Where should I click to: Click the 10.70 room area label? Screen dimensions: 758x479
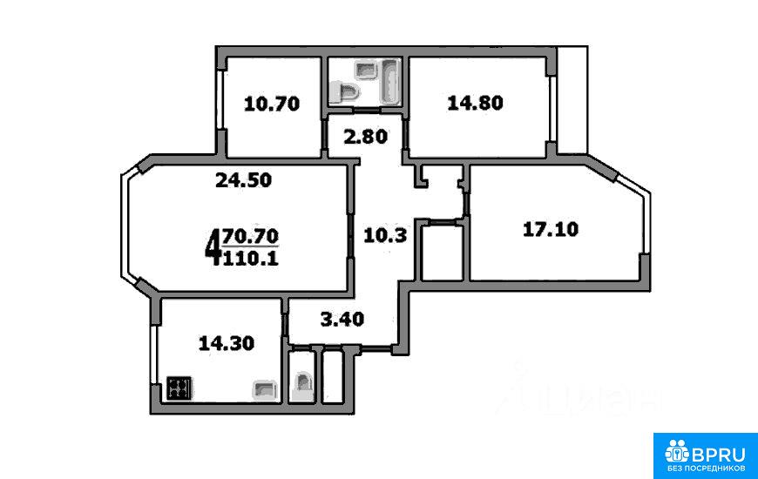[x=272, y=104]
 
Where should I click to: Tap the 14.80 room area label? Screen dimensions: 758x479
[x=475, y=103]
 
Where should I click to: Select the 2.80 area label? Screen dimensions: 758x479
[x=365, y=137]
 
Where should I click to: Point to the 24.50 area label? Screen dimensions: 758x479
[x=244, y=180]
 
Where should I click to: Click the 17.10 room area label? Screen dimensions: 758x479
[x=551, y=229]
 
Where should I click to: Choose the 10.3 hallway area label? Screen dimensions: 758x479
[x=385, y=236]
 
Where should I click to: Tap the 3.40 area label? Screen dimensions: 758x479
[x=342, y=319]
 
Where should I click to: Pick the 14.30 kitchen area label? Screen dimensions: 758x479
[x=227, y=344]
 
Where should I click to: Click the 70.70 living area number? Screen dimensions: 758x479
[x=250, y=236]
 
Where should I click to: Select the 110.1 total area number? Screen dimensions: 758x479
[x=250, y=259]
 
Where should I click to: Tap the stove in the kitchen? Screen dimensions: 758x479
[x=179, y=388]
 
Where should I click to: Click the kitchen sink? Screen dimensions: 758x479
[x=265, y=390]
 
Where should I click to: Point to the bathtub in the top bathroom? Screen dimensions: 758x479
[x=389, y=81]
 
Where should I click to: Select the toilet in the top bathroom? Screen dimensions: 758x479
[x=345, y=91]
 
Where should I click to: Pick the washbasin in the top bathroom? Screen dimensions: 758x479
[x=365, y=70]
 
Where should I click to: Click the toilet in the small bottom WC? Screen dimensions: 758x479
[x=302, y=386]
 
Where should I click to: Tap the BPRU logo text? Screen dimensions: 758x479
[x=718, y=454]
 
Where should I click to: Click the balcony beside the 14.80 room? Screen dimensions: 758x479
[x=572, y=100]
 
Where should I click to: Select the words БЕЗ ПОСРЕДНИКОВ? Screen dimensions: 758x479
[x=706, y=469]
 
